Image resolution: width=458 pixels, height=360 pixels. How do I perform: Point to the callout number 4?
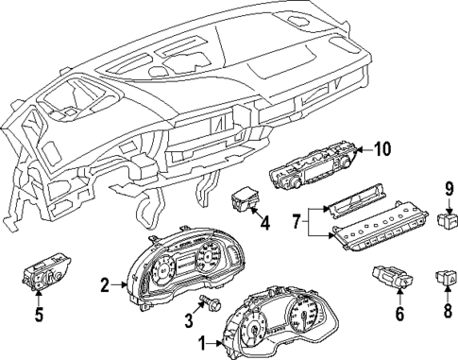pyautogui.click(x=265, y=225)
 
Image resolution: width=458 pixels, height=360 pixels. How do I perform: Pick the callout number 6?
pyautogui.click(x=399, y=315)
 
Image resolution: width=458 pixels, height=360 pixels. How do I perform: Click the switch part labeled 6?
pyautogui.click(x=392, y=278)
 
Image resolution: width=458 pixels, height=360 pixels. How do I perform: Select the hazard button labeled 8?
pyautogui.click(x=445, y=278)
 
